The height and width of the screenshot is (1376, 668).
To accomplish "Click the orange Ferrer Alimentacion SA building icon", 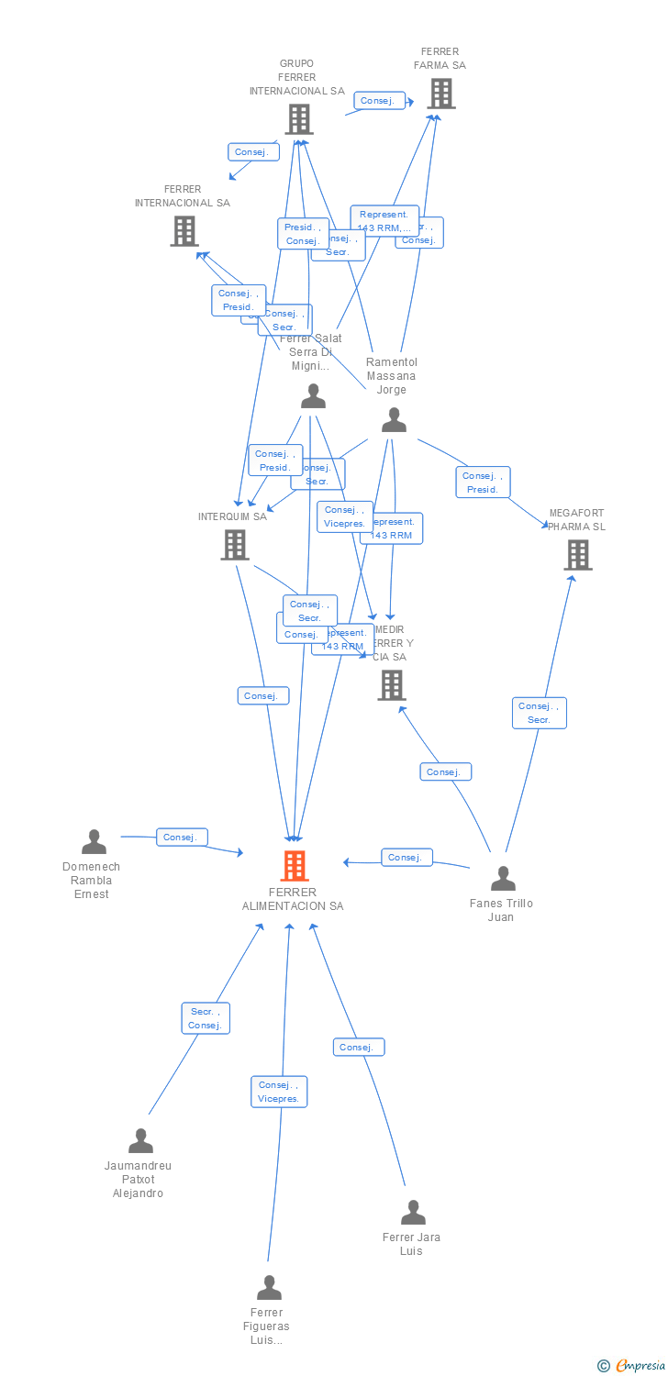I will point(295,865).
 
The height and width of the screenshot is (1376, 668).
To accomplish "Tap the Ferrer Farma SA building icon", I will point(440,94).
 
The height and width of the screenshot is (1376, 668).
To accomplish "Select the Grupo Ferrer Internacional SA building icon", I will point(298,119).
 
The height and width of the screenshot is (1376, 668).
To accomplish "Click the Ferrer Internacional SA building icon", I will point(184,231).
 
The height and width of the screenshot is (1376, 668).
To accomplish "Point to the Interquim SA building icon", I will point(235,545).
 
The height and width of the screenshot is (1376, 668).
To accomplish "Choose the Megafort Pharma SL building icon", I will point(577,555).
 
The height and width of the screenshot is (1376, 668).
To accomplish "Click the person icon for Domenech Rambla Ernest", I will point(94,842).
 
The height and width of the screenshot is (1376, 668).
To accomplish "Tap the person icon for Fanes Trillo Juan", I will point(502,879).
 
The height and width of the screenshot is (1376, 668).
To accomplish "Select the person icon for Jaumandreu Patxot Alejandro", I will point(140,1141).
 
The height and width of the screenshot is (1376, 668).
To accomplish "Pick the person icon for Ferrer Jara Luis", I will point(413,1213).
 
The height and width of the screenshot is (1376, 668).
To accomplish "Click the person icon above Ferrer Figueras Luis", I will point(269,1288).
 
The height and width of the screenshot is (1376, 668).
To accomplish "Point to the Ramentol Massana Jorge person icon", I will point(394,420).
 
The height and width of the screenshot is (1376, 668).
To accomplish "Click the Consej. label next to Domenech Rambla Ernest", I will point(182,837).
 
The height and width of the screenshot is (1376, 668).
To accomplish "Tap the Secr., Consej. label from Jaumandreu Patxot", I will point(205,1018).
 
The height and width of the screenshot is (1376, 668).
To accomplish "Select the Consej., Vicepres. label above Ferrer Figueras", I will point(279,1092).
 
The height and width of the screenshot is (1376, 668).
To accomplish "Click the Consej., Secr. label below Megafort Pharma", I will point(539,713).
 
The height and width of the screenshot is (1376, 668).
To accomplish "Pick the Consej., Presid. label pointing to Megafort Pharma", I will point(483,483).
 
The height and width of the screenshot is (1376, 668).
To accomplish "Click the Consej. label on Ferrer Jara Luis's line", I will point(358,1047).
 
